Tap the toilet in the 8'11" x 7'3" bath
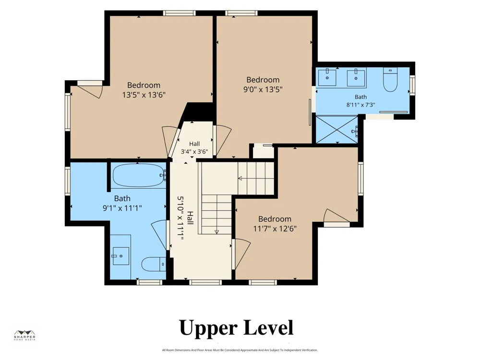[390, 80]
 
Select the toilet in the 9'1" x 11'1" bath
[154, 264]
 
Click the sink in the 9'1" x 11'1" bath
[120, 256]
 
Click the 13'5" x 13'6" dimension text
[144, 95]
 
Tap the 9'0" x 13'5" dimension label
[263, 90]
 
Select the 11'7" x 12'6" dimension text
[275, 228]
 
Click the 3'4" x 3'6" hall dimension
[194, 152]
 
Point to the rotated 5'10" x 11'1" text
[180, 218]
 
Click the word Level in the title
[268, 327]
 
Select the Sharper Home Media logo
[25, 336]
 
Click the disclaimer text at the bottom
[240, 350]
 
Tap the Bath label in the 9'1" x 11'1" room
[122, 198]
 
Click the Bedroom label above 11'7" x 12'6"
[275, 219]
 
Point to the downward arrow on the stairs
[217, 232]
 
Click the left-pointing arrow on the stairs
[240, 178]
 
